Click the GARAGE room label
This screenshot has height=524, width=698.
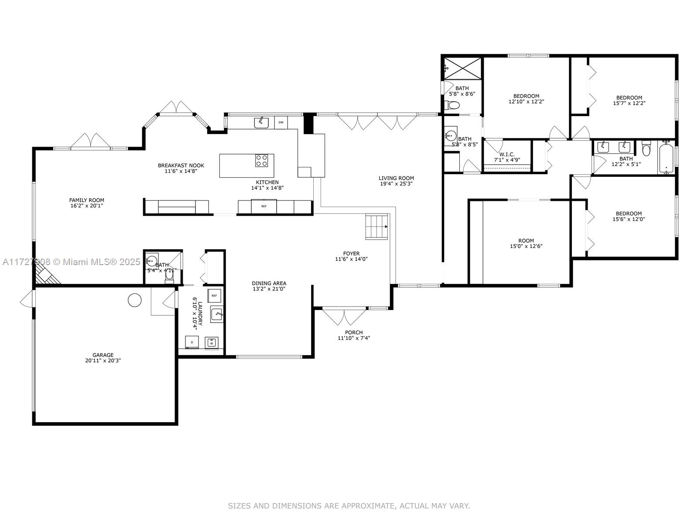pyautogui.click(x=103, y=355)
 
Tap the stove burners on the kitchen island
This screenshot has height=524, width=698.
pyautogui.click(x=261, y=161)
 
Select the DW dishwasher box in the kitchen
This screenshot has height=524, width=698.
pyautogui.click(x=281, y=122)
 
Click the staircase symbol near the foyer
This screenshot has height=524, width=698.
pyautogui.click(x=377, y=226)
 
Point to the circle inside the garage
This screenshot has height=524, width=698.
pyautogui.click(x=135, y=300)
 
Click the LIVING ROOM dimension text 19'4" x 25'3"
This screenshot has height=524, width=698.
pyautogui.click(x=396, y=184)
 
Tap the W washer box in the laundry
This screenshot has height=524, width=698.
pyautogui.click(x=212, y=342)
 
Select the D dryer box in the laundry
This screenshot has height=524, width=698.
pyautogui.click(x=192, y=342)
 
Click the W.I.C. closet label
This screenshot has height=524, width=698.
pyautogui.click(x=507, y=155)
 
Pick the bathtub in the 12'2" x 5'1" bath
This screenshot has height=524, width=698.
pyautogui.click(x=666, y=157)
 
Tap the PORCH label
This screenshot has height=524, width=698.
pyautogui.click(x=354, y=332)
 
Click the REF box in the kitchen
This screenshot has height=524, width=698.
pyautogui.click(x=264, y=206)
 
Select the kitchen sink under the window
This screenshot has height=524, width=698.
pyautogui.click(x=261, y=123)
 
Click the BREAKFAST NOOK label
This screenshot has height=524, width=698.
pyautogui.click(x=181, y=165)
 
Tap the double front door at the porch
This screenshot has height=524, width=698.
pyautogui.click(x=344, y=317)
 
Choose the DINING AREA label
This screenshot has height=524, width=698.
pyautogui.click(x=269, y=283)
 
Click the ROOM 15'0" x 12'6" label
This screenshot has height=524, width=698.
pyautogui.click(x=526, y=241)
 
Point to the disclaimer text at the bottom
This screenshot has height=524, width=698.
pyautogui.click(x=349, y=506)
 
